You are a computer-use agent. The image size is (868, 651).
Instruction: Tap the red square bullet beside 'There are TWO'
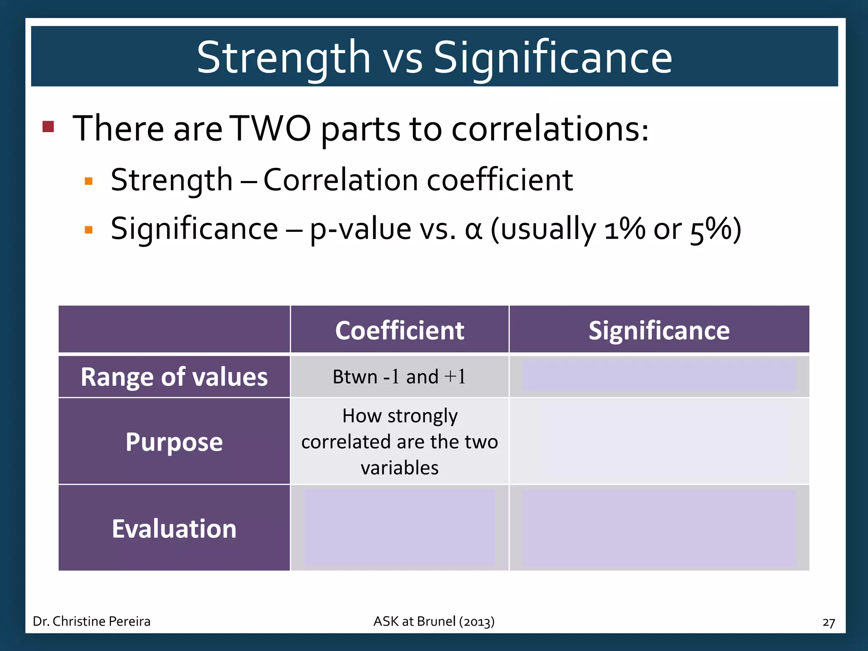click(x=48, y=126)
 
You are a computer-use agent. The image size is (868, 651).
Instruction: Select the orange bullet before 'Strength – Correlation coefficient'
click(x=89, y=181)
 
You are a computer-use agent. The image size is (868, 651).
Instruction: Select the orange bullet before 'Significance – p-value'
click(x=89, y=230)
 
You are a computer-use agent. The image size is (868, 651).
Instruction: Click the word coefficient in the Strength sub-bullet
click(x=500, y=180)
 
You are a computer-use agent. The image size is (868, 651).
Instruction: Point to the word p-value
click(x=360, y=229)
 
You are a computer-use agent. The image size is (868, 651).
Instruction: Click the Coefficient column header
click(x=399, y=330)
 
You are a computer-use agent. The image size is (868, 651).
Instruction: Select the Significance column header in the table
click(x=659, y=330)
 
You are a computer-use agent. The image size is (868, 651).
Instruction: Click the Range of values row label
click(x=174, y=377)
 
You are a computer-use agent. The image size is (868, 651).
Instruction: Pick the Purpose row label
click(x=174, y=442)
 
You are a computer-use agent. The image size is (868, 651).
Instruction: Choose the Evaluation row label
click(x=174, y=529)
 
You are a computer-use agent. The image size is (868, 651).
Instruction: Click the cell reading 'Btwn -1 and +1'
click(x=399, y=377)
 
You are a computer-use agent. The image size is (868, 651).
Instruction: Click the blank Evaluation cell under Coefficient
click(x=399, y=528)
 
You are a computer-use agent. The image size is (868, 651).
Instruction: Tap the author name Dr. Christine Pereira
click(x=92, y=621)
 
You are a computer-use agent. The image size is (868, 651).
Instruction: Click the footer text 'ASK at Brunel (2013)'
click(x=434, y=621)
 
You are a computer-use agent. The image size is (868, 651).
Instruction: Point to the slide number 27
click(x=828, y=622)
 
